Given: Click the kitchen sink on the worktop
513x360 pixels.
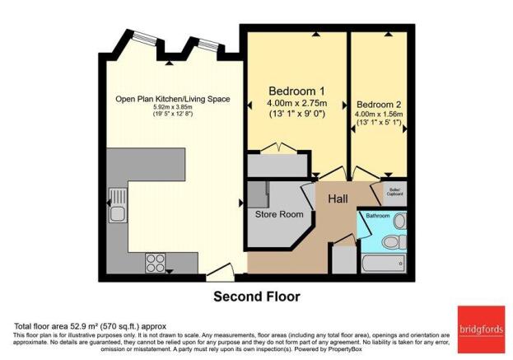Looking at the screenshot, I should (x=119, y=215).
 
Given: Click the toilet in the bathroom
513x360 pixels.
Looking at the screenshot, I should (x=395, y=241).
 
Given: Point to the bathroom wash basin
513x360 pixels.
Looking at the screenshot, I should (x=399, y=221).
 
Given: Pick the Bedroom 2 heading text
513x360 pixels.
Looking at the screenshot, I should (x=378, y=104).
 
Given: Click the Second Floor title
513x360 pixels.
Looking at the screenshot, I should (x=257, y=296).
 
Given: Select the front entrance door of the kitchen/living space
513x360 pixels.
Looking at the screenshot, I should (x=218, y=269).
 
